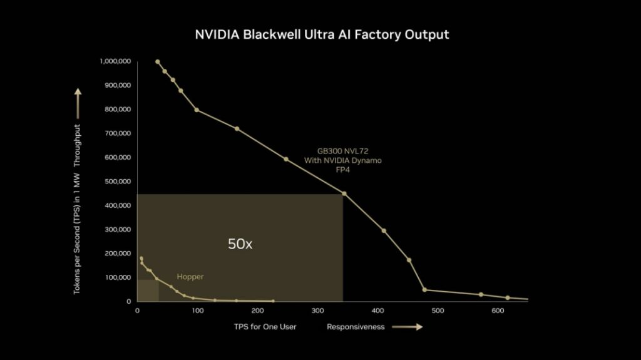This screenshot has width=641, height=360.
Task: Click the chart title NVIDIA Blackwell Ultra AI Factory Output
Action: point(322,34)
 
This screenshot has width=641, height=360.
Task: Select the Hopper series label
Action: point(190,277)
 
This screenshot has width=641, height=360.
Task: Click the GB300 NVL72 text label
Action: point(342,151)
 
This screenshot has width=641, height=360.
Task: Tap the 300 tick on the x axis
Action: point(317,311)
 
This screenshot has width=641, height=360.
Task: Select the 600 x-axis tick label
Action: point(498,311)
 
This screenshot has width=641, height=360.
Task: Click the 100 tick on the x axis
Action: point(197,311)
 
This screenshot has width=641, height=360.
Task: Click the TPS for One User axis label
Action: point(265,327)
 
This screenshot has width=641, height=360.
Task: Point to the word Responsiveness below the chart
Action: point(356,327)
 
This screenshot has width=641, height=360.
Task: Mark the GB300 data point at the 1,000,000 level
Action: point(157,61)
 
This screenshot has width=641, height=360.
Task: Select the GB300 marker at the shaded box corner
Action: point(344,193)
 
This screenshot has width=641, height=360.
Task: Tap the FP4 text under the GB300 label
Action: point(342,170)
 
